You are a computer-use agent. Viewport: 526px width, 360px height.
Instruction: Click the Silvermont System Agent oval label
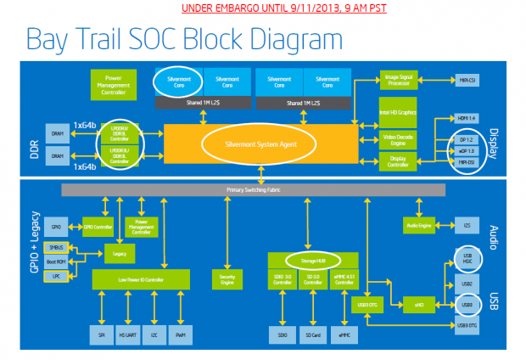(262, 145)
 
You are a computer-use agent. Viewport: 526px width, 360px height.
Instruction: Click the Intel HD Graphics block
(398, 112)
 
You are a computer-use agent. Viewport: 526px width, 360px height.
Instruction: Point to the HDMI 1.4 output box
(464, 118)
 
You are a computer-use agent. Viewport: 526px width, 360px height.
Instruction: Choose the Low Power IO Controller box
(141, 278)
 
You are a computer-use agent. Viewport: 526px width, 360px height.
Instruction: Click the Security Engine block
(227, 278)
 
